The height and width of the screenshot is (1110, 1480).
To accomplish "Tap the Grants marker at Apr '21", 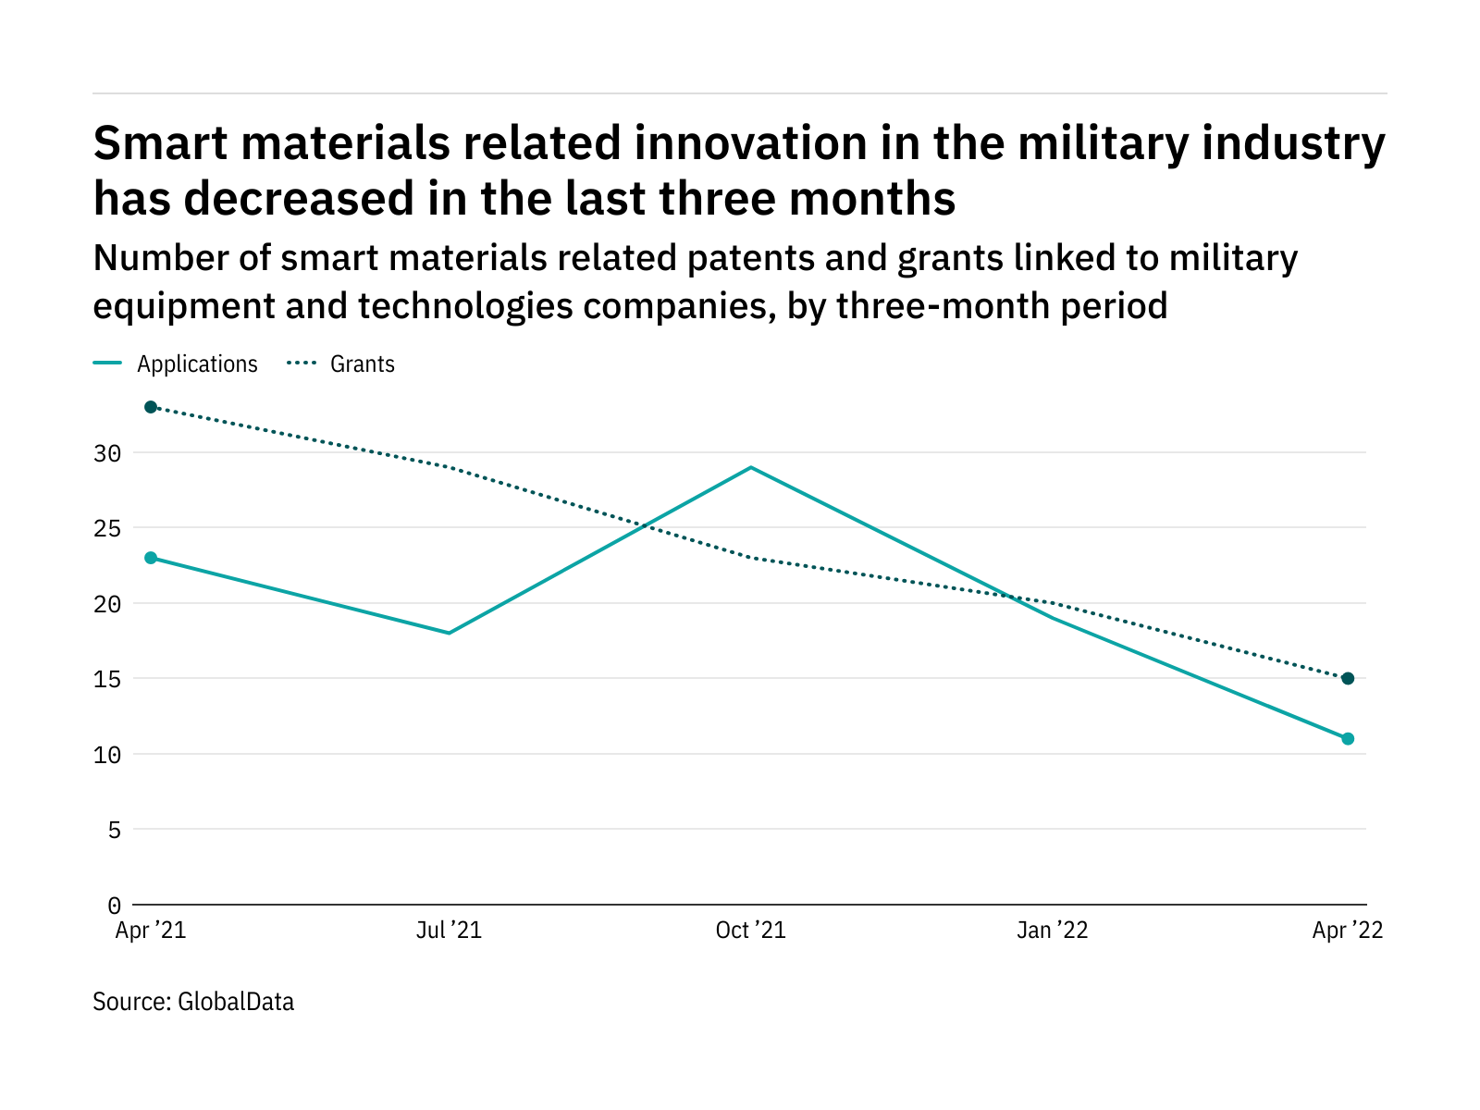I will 151,407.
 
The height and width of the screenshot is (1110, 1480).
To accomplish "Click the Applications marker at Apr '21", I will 151,558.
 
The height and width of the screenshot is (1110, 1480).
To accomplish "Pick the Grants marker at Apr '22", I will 1348,679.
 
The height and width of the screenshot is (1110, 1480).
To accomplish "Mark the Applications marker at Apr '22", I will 1348,739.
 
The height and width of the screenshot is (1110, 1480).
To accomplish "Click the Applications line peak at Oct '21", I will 750,467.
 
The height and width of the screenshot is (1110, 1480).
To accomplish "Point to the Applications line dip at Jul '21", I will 450,633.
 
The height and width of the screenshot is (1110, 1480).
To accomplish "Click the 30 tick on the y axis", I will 107,453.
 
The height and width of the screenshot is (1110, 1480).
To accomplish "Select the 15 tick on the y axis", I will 107,679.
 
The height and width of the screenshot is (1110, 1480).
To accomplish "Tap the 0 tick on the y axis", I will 114,905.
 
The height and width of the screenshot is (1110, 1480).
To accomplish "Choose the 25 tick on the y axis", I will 107,528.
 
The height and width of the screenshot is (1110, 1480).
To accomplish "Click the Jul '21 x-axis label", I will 450,931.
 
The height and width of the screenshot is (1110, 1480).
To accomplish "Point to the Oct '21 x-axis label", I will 750,931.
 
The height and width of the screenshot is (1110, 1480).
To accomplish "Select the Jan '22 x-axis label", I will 1052,931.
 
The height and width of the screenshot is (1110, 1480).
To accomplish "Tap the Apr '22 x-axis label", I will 1348,931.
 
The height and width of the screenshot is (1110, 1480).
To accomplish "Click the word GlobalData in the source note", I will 236,1002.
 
